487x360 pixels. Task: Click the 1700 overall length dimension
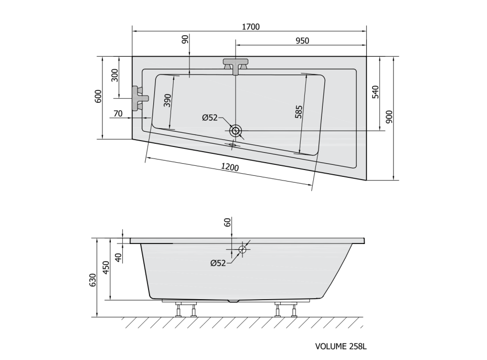(x=251, y=27)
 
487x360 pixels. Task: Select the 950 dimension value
(x=302, y=41)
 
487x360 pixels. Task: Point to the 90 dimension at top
(x=185, y=39)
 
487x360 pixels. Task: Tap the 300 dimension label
(x=115, y=75)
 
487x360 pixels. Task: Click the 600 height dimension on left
(x=98, y=96)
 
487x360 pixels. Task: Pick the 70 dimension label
(x=118, y=114)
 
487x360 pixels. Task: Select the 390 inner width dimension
(x=168, y=100)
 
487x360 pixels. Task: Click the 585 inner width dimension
(x=299, y=112)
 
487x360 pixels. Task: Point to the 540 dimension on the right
(x=376, y=92)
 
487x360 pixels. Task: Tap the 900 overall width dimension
(x=389, y=117)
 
